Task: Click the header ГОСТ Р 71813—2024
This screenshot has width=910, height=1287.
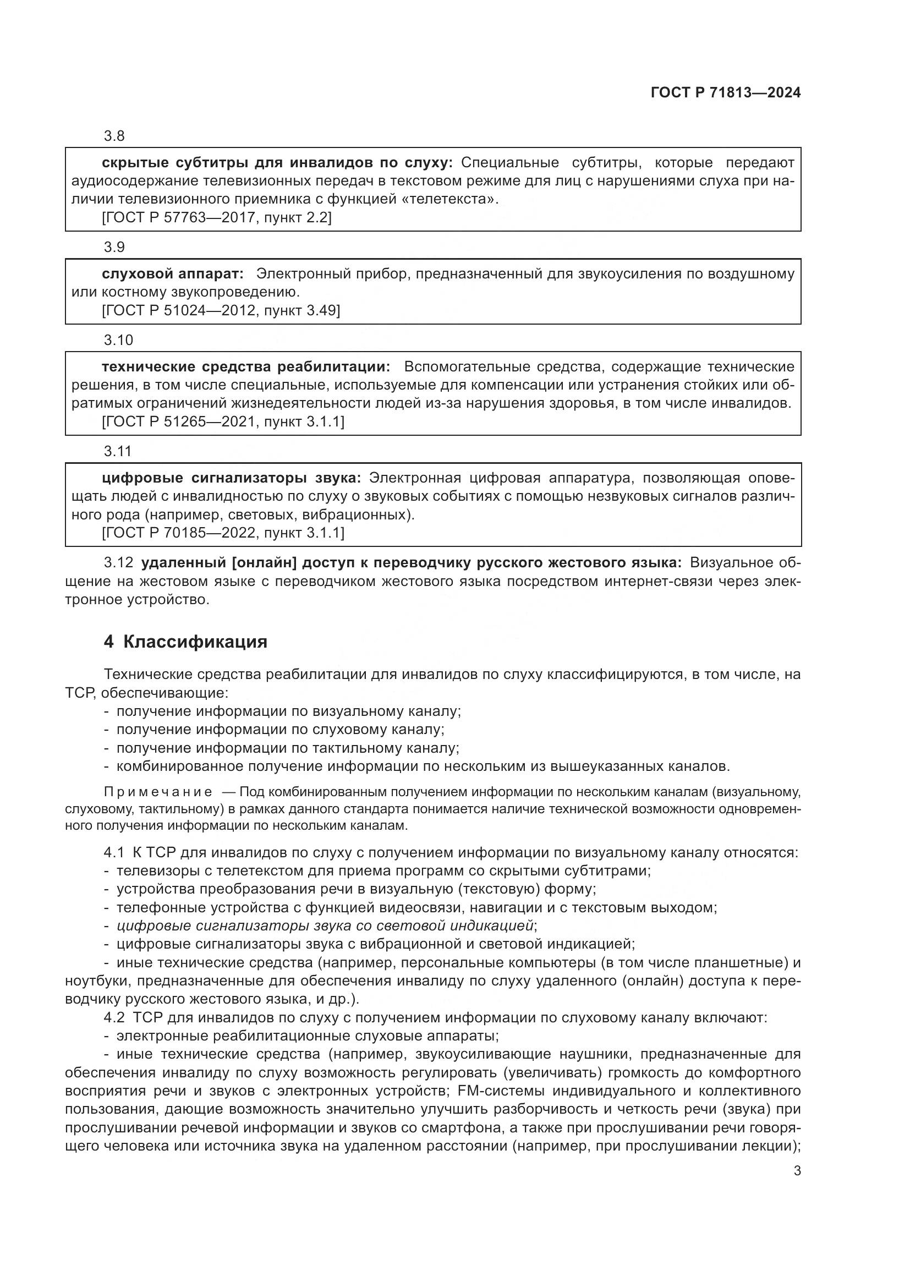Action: pos(725,93)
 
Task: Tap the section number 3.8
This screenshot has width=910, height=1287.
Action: pos(114,136)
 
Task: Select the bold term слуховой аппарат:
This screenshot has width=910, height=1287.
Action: pos(173,274)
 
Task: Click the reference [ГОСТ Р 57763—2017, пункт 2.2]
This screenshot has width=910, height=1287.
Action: pos(217,217)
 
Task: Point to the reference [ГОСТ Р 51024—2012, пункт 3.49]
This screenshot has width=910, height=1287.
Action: pos(221,310)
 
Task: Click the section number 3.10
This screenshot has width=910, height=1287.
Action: pos(118,340)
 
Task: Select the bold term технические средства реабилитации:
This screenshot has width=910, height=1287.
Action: pos(246,367)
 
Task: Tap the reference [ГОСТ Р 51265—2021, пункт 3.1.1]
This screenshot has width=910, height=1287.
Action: pos(223,421)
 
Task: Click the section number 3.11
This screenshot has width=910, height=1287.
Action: pos(118,451)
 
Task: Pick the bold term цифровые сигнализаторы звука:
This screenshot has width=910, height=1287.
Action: pos(232,478)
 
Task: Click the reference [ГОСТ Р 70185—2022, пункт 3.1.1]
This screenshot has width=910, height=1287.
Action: pos(223,533)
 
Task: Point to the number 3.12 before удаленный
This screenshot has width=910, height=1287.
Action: pos(118,563)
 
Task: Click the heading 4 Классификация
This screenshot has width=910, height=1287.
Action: pos(185,642)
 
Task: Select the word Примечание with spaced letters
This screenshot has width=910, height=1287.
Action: pos(158,792)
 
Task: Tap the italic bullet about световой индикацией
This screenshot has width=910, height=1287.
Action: pos(325,925)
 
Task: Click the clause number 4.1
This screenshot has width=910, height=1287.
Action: pos(114,853)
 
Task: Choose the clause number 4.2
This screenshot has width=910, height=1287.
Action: pos(114,1017)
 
